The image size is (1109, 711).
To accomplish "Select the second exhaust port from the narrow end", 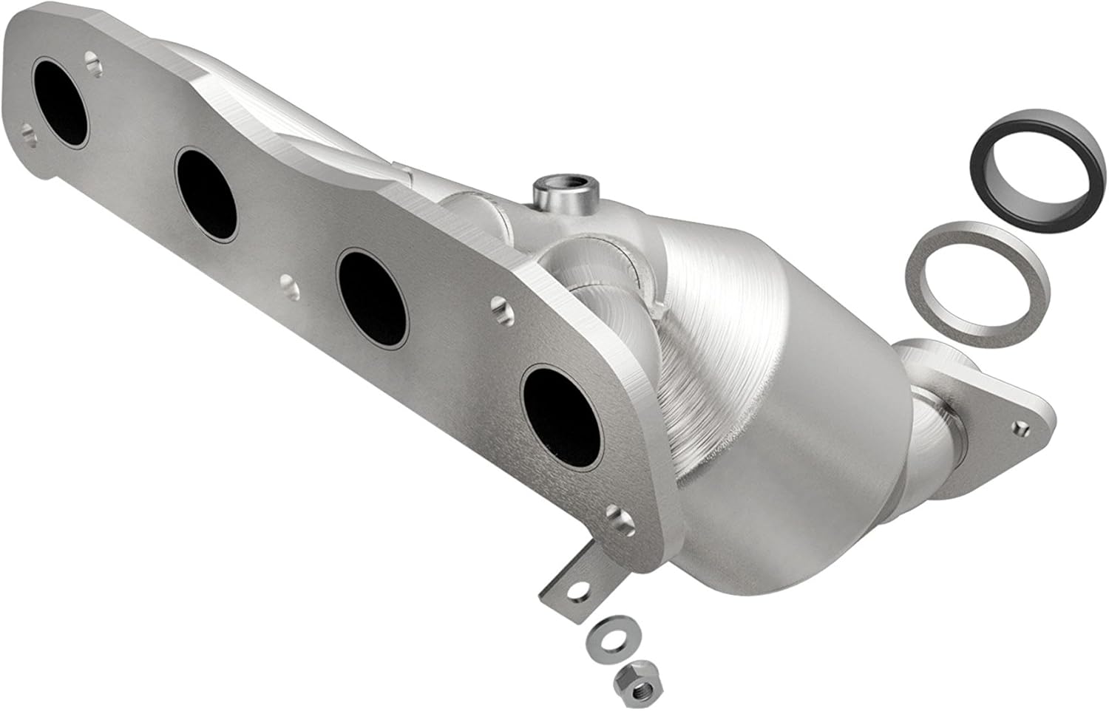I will [x=207, y=196].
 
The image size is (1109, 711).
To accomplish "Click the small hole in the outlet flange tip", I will [x=1022, y=426].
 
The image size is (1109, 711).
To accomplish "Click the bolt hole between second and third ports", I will [x=287, y=282].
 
